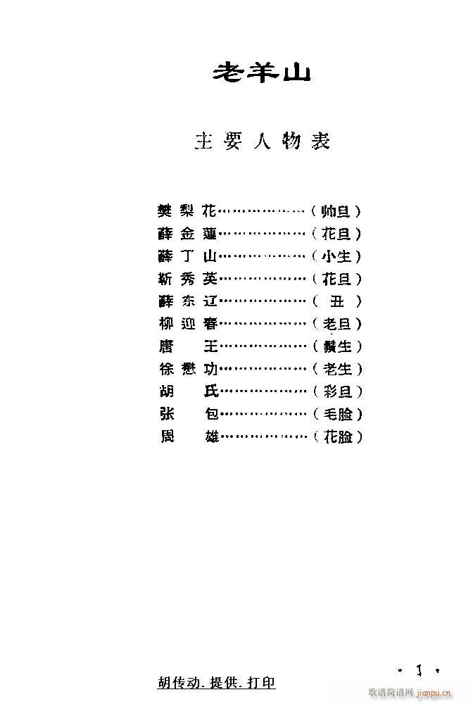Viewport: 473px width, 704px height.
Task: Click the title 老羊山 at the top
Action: [x=261, y=73]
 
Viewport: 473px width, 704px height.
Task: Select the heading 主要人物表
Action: [x=261, y=142]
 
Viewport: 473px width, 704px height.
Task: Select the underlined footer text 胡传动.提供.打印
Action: [x=217, y=682]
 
